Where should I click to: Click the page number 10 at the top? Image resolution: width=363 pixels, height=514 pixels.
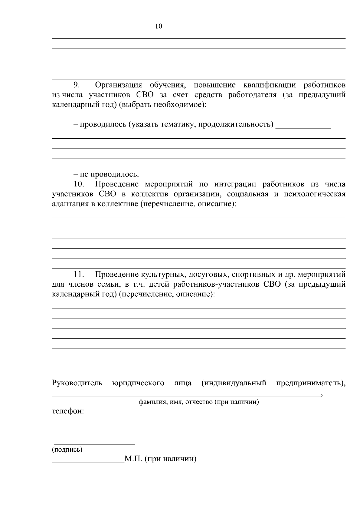[x=159, y=26]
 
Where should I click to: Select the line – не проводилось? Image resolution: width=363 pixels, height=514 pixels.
[x=106, y=174]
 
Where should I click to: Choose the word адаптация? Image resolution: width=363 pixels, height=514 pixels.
[x=70, y=204]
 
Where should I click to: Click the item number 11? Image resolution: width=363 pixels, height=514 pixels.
[x=78, y=275]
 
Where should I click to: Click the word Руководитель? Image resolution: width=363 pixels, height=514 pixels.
[x=77, y=383]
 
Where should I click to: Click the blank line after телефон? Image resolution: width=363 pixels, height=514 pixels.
[x=206, y=412]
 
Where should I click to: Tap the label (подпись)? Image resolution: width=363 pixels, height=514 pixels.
[x=67, y=450]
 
